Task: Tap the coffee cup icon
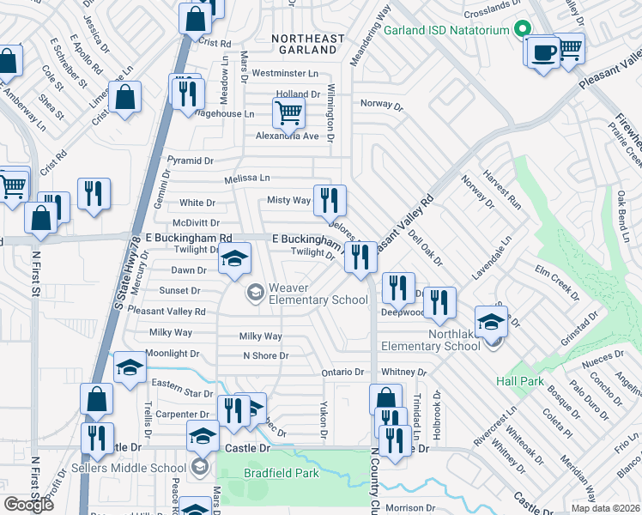pyautogui.click(x=542, y=51)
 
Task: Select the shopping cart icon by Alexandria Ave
pyautogui.click(x=288, y=112)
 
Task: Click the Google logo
pyautogui.click(x=28, y=505)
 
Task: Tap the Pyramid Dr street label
pyautogui.click(x=190, y=161)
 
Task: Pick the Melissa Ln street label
pyautogui.click(x=246, y=179)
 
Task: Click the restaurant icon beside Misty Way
pyautogui.click(x=330, y=201)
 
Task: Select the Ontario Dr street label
pyautogui.click(x=342, y=372)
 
